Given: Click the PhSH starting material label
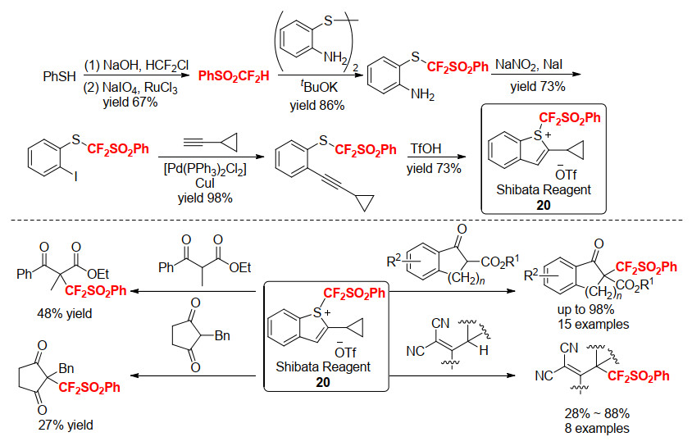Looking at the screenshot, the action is [x=59, y=76].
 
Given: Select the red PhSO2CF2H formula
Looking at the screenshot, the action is [x=234, y=76].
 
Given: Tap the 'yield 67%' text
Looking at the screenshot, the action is [x=130, y=102].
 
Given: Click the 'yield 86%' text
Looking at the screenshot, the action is [x=316, y=106].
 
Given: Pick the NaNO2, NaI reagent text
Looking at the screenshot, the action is [x=529, y=66].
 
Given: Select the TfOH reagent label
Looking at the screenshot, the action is [x=426, y=148].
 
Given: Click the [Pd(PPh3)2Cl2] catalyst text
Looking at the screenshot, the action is [x=205, y=169].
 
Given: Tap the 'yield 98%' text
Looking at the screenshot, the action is [x=205, y=198].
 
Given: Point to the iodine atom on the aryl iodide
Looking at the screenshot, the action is [x=76, y=176].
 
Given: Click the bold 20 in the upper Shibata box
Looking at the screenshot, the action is [x=544, y=205].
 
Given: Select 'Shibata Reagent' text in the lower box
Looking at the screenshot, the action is [x=323, y=366].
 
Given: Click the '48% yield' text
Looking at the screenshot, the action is [x=65, y=314].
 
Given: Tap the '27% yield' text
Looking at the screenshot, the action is [x=66, y=425].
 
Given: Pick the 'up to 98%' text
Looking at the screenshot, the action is [x=585, y=309].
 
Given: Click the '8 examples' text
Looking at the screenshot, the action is [x=597, y=428].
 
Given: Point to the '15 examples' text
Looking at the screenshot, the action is [x=593, y=324].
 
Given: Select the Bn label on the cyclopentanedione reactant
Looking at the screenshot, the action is [x=222, y=335].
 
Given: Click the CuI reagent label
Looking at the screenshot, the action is [x=205, y=183].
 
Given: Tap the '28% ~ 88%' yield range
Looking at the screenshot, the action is [x=597, y=413].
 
